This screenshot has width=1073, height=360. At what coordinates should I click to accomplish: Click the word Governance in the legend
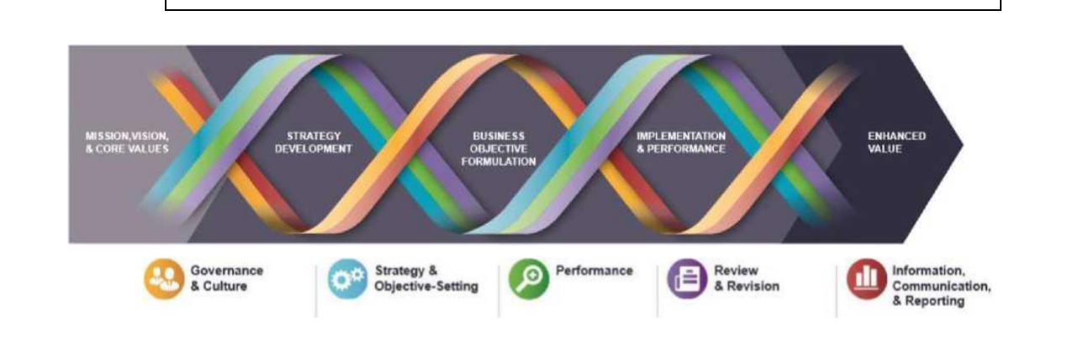(x=227, y=271)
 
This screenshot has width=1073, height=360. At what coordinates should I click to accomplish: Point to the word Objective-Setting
(x=426, y=287)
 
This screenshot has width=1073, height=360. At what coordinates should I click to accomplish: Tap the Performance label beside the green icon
(x=594, y=271)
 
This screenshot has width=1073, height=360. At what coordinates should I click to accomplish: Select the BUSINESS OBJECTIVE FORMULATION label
(x=498, y=147)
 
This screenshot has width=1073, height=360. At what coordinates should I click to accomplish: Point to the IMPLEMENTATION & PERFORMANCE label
(x=680, y=141)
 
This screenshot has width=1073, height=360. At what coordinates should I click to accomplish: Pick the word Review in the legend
(x=736, y=271)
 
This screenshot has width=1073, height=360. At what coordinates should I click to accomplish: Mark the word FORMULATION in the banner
(x=498, y=161)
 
